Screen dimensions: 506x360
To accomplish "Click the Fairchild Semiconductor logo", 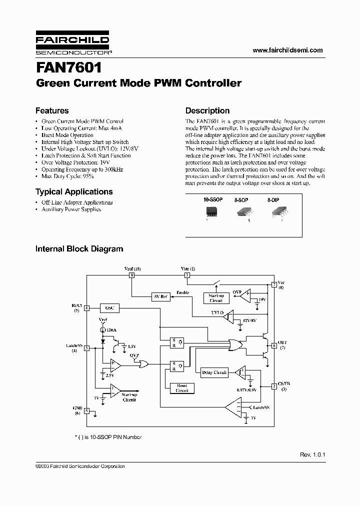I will click(x=72, y=44).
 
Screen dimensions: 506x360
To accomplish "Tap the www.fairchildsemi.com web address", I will click(x=287, y=50).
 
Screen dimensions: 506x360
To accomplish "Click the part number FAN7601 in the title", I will click(x=68, y=67).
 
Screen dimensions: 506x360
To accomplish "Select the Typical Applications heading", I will click(x=74, y=191).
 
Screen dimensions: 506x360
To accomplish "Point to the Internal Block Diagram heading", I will click(x=79, y=248).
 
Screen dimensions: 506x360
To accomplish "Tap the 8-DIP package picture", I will click(x=276, y=212).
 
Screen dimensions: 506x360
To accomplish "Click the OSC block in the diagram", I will click(x=109, y=308).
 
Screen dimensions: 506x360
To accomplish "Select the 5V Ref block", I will click(x=160, y=297).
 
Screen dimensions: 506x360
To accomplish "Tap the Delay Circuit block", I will click(x=214, y=372).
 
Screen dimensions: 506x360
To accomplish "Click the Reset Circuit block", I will click(x=182, y=388).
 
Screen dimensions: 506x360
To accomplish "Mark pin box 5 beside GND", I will click(x=87, y=411).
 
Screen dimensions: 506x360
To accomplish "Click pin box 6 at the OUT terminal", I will click(x=274, y=345).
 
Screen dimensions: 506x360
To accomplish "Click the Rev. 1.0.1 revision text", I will click(x=312, y=455).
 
